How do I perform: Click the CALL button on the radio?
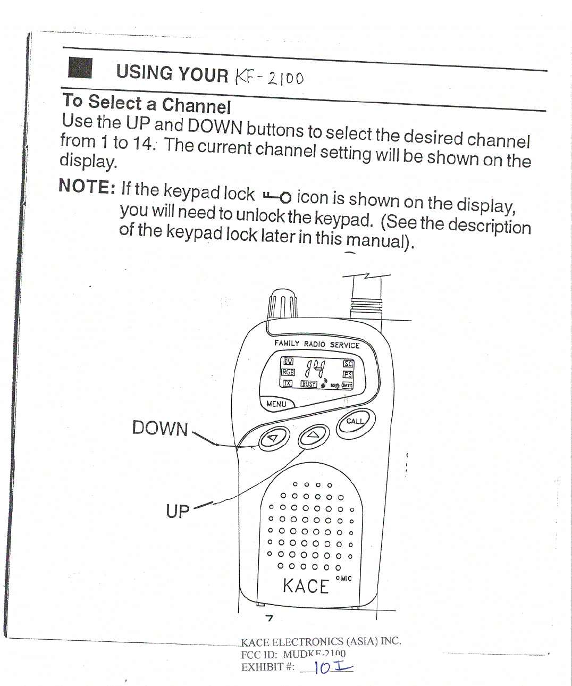click(356, 423)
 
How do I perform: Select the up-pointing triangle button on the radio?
click(314, 436)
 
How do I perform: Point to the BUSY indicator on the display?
click(308, 384)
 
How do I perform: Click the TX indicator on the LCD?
click(287, 383)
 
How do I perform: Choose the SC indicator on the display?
click(348, 364)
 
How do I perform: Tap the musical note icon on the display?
click(324, 383)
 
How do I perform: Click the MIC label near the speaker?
click(346, 578)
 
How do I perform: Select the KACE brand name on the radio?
click(306, 586)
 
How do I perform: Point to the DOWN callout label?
click(160, 429)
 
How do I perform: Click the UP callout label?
click(178, 512)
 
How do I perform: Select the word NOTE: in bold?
click(87, 186)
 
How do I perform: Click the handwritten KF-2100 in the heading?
click(269, 78)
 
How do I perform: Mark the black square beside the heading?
click(80, 69)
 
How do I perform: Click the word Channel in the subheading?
click(196, 106)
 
